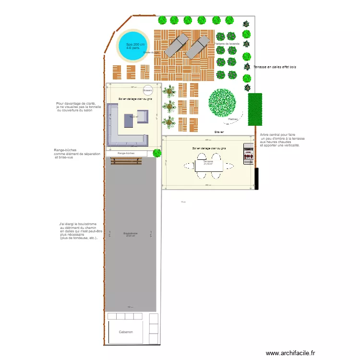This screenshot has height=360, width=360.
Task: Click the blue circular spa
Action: click(133, 46)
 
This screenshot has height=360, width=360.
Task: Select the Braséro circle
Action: click(147, 90)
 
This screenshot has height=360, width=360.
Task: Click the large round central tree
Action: click(222, 103)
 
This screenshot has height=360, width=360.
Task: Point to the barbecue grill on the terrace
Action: click(249, 154)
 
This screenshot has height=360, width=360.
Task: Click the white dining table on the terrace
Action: click(208, 165)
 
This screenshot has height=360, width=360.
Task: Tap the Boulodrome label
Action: click(130, 233)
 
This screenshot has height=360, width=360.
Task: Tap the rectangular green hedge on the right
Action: click(254, 109)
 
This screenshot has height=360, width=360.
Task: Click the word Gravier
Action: click(219, 132)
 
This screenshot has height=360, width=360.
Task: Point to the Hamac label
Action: click(233, 119)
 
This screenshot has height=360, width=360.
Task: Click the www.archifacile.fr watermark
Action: click(291, 352)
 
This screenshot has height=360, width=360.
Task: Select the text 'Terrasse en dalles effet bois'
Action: click(275, 67)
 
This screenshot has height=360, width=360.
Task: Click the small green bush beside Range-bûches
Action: click(156, 153)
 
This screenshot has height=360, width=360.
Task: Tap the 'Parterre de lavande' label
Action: click(227, 44)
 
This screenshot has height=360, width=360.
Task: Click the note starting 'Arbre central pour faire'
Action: click(282, 140)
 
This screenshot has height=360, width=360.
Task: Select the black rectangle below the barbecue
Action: click(257, 178)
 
